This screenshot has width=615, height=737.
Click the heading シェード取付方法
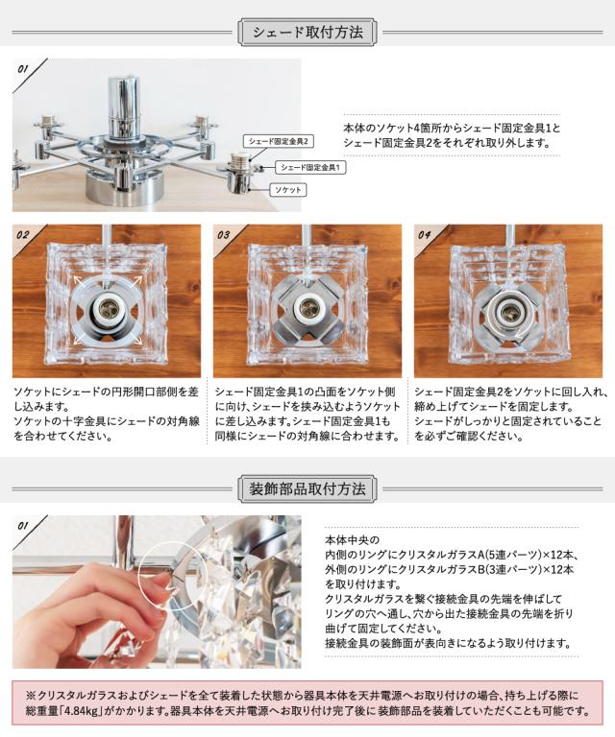click(x=307, y=33)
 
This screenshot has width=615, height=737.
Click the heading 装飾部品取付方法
click(x=307, y=488)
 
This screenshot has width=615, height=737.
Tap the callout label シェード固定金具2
click(x=279, y=141)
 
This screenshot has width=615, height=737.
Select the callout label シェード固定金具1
click(x=310, y=167)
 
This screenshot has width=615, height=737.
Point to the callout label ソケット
click(x=288, y=190)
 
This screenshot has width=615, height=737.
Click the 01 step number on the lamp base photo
click(x=23, y=69)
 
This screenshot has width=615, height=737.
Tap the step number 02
click(x=23, y=235)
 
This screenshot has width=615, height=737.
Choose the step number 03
click(x=224, y=235)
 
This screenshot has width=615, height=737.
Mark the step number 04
click(x=425, y=235)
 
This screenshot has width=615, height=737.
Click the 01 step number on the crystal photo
click(x=23, y=526)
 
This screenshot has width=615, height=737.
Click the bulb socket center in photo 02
click(x=107, y=309)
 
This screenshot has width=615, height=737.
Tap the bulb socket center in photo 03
click(x=307, y=309)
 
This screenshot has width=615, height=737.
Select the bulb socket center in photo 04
click(x=508, y=311)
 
